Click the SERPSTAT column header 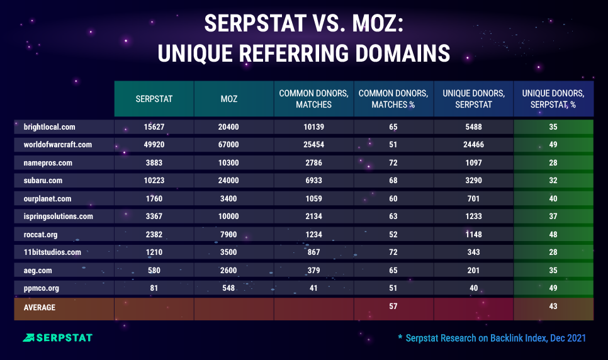coord(154,99)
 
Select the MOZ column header coord(234,99)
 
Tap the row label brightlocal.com coord(42,127)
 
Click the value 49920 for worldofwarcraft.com coord(154,145)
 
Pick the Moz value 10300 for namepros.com coord(234,162)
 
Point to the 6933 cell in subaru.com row coord(313,181)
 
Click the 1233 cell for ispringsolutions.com coord(473,217)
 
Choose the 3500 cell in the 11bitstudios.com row coord(234,252)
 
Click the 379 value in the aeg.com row coord(313,271)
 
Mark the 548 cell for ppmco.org coord(234,289)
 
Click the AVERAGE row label coord(40,307)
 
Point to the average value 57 coord(393,307)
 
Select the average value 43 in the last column coord(553,307)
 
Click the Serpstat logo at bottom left coord(57,338)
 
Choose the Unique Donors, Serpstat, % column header coord(553,99)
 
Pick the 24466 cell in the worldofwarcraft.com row coord(473,145)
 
